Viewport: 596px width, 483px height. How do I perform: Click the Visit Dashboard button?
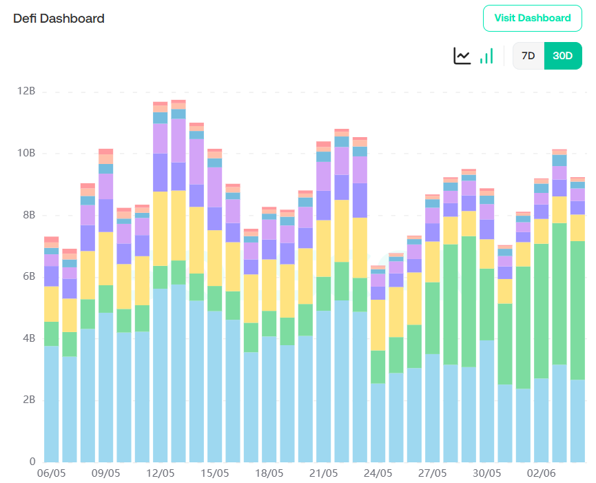tap(533, 18)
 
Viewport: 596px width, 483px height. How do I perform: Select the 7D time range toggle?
tap(528, 56)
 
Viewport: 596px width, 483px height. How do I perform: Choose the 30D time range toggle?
tap(563, 56)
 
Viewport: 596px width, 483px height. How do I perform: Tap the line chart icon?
tap(462, 56)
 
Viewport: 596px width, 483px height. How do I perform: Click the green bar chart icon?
tap(486, 56)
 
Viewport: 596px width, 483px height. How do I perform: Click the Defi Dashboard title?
tap(59, 19)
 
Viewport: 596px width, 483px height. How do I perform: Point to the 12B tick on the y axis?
tap(27, 91)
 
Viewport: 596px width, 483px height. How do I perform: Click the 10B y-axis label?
tap(27, 153)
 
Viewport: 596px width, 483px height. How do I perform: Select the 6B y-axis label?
tap(27, 276)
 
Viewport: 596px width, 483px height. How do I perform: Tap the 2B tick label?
tap(27, 400)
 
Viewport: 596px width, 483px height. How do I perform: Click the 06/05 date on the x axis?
tap(51, 474)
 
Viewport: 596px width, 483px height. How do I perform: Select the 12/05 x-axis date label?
tap(160, 474)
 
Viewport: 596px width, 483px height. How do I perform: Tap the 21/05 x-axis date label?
tap(323, 474)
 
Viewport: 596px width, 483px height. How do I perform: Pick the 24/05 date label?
tap(378, 474)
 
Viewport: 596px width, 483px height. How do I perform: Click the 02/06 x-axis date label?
tap(541, 474)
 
